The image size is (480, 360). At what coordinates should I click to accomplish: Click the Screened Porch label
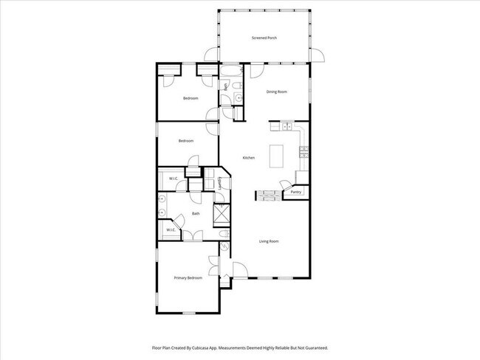coord(263,36)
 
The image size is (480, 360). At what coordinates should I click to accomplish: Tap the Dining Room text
coord(276,91)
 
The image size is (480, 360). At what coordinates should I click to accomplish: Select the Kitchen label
coord(249,157)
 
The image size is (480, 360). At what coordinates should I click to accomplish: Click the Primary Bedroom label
coord(188,277)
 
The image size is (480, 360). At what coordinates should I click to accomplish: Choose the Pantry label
coord(295,192)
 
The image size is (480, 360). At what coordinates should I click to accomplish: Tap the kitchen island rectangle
coord(278,156)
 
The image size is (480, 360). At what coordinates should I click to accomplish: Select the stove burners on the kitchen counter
coord(303,153)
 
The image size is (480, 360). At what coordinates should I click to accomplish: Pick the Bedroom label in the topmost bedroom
coord(191,97)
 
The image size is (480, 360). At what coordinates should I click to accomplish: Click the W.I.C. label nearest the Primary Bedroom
coord(170,230)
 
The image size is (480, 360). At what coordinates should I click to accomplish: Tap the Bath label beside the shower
coord(196,214)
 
